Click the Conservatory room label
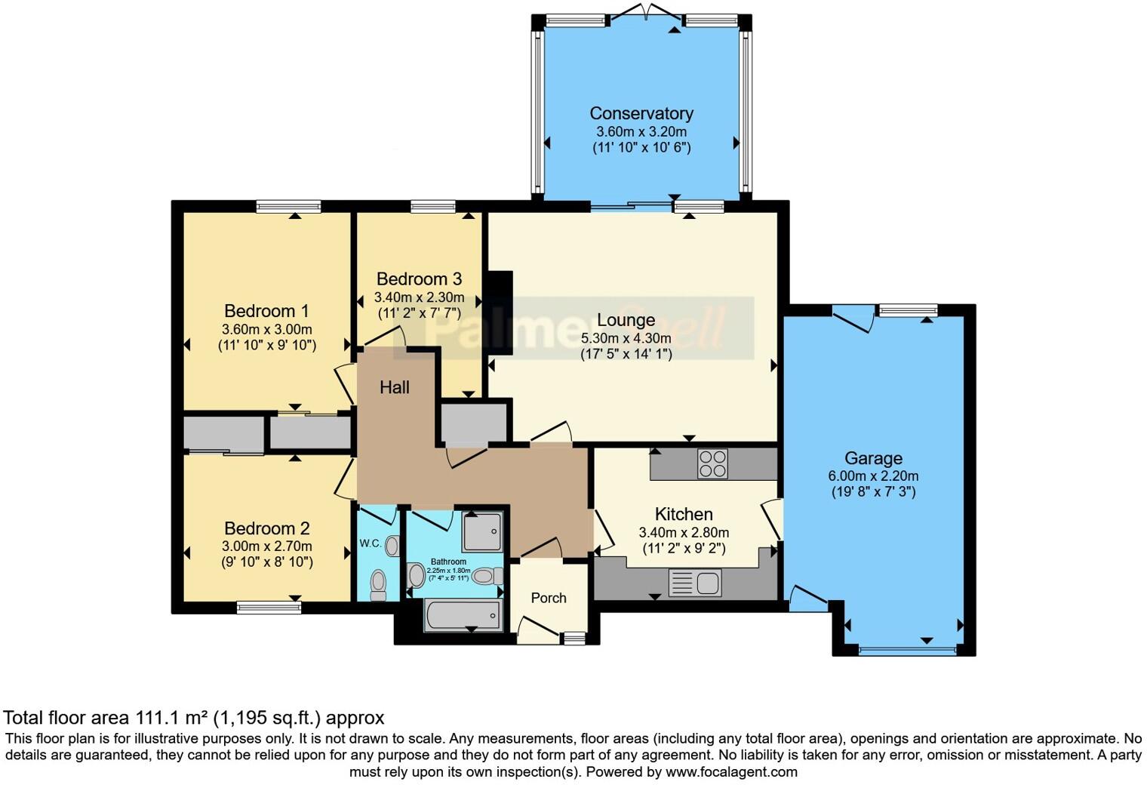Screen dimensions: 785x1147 [641, 114]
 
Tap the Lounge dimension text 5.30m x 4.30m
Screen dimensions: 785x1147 [626, 338]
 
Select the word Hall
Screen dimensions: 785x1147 [394, 388]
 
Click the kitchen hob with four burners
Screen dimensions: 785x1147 [712, 463]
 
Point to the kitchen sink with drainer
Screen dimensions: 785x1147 [695, 583]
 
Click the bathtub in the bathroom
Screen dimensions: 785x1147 [463, 615]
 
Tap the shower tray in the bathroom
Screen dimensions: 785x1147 [481, 531]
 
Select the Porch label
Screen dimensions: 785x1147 [548, 598]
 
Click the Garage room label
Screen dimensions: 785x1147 [873, 458]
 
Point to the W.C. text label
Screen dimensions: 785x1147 [369, 543]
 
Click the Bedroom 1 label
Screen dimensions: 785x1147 [266, 311]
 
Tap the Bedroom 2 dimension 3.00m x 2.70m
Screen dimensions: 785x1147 [266, 546]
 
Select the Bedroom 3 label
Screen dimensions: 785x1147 [419, 279]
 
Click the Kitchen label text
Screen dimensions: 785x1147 [683, 515]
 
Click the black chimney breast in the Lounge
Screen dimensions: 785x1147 [500, 312]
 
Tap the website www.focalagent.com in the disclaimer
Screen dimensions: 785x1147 [731, 772]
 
